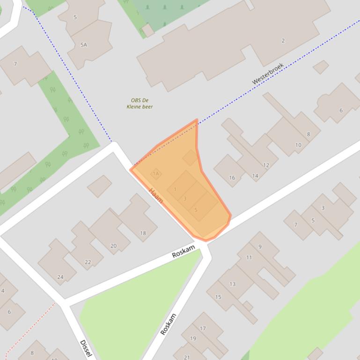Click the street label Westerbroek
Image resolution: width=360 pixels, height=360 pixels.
pyautogui.click(x=268, y=74)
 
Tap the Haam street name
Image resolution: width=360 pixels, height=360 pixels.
pyautogui.click(x=156, y=195)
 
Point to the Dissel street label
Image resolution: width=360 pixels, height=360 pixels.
pyautogui.click(x=87, y=349)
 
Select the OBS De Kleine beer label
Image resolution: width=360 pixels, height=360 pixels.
pyautogui.click(x=140, y=103)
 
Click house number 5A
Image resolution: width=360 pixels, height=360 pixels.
pyautogui.click(x=83, y=45)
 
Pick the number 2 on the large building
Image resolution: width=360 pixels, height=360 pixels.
pyautogui.click(x=283, y=41)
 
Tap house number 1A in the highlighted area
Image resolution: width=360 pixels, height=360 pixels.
pyautogui.click(x=156, y=173)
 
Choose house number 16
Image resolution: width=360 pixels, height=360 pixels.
pyautogui.click(x=232, y=178)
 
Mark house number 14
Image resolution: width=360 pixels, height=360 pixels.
pyautogui.click(x=255, y=176)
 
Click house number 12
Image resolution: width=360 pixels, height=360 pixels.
pyautogui.click(x=266, y=165)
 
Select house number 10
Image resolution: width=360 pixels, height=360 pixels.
pyautogui.click(x=298, y=145)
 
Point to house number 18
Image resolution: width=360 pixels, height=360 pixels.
pyautogui.click(x=143, y=233)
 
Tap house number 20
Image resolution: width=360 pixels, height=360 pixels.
pyautogui.click(x=113, y=246)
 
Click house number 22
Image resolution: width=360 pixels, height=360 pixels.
pyautogui.click(x=88, y=262)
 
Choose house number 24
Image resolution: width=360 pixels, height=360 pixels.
pyautogui.click(x=60, y=277)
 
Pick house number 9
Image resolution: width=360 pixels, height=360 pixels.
pyautogui.click(x=260, y=247)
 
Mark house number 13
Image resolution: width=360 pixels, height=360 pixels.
pyautogui.click(x=232, y=284)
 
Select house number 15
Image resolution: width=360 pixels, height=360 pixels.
pyautogui.click(x=218, y=297)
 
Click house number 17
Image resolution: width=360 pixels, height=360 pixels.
pyautogui.click(x=203, y=329)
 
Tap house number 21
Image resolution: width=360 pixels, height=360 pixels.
pyautogui.click(x=187, y=357)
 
